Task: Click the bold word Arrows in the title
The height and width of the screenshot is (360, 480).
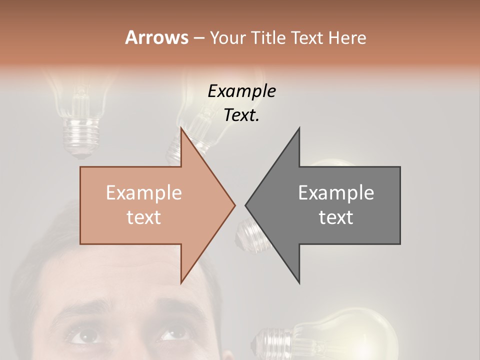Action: pyautogui.click(x=156, y=37)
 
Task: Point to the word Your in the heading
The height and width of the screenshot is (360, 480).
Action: pyautogui.click(x=228, y=38)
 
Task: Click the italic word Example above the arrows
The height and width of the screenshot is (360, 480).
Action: pyautogui.click(x=241, y=91)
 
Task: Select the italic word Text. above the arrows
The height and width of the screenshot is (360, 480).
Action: pyautogui.click(x=241, y=115)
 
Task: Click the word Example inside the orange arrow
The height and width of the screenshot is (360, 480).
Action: pyautogui.click(x=143, y=192)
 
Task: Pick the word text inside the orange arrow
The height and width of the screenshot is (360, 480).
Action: pyautogui.click(x=143, y=217)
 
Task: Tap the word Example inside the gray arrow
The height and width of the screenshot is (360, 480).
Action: pyautogui.click(x=336, y=192)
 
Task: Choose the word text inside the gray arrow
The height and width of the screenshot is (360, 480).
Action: pyautogui.click(x=336, y=217)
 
